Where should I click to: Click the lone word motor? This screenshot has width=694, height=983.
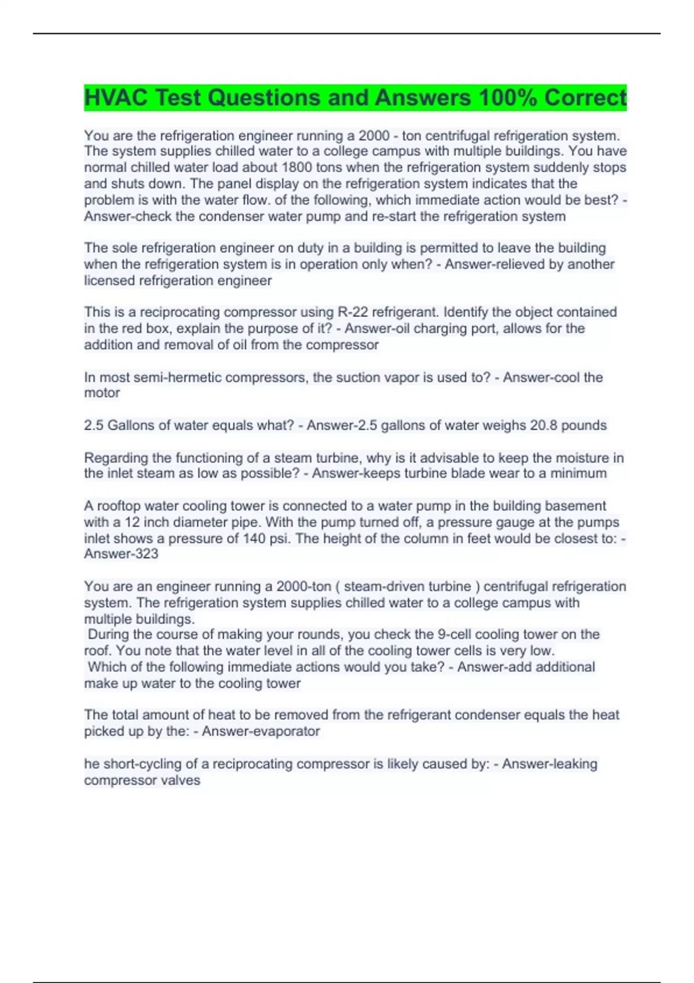pyautogui.click(x=102, y=393)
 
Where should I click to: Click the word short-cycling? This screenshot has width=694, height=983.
pyautogui.click(x=142, y=764)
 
